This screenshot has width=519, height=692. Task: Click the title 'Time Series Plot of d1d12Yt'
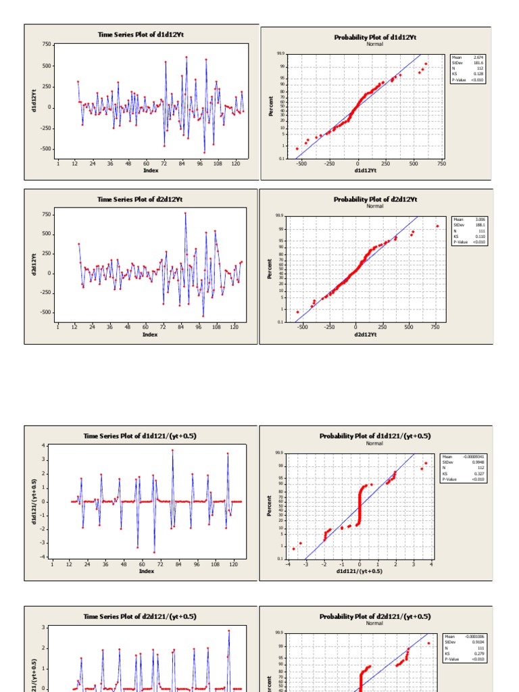point(141,34)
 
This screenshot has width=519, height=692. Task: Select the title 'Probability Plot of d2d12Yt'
point(375,199)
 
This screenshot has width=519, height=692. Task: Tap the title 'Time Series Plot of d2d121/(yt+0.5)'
point(140,616)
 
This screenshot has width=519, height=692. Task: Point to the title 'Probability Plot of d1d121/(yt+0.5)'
point(375,436)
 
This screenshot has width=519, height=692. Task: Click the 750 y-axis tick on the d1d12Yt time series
point(47,45)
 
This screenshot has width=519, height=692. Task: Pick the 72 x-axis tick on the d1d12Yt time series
point(164,164)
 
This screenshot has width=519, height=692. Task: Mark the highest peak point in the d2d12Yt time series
point(185,214)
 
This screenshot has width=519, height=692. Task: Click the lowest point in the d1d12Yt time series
point(204,152)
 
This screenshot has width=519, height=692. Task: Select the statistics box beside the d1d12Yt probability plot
point(468,69)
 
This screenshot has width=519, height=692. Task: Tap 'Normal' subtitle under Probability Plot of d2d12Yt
point(375,207)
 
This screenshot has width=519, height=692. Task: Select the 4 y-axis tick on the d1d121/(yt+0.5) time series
point(45,446)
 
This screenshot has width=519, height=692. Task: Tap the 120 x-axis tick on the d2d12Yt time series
point(234,327)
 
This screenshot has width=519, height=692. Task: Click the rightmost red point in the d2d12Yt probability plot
point(437,226)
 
